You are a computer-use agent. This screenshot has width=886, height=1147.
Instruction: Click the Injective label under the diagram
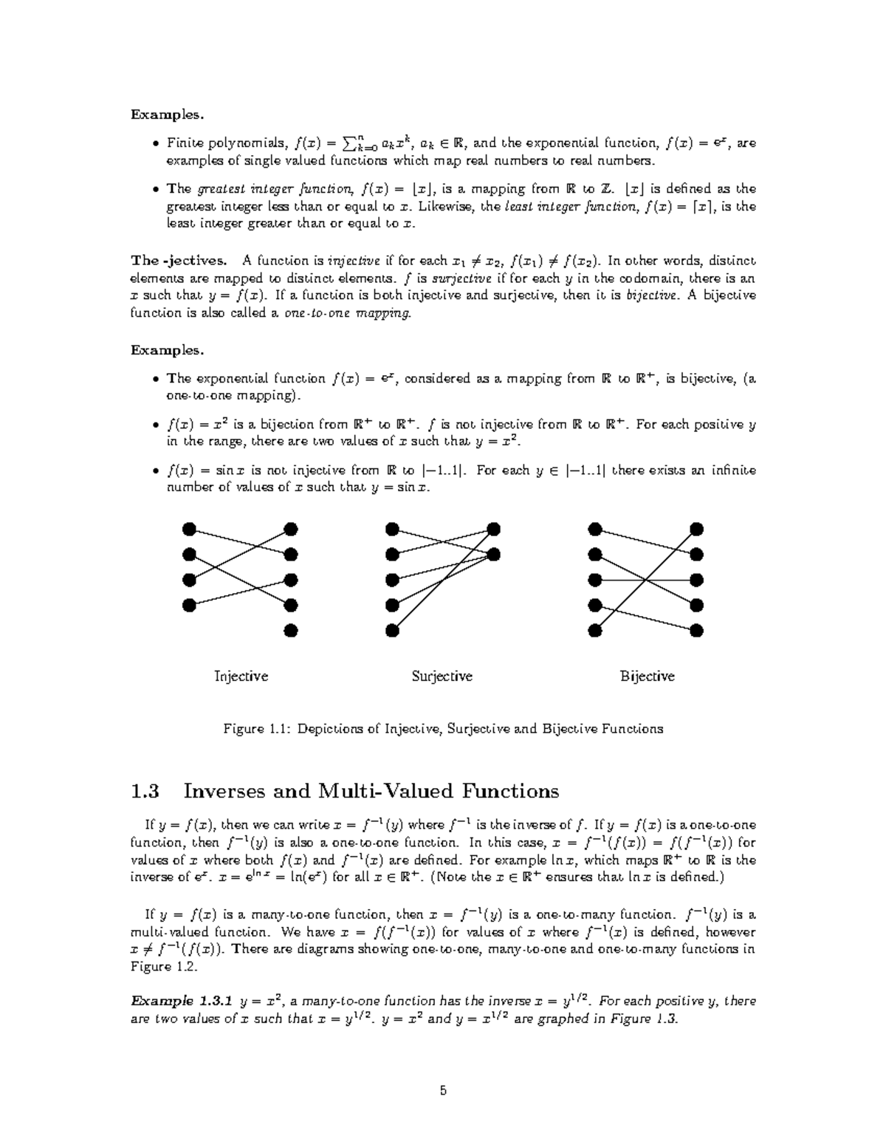pyautogui.click(x=241, y=676)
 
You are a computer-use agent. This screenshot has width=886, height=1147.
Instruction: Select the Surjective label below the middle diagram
pyautogui.click(x=442, y=676)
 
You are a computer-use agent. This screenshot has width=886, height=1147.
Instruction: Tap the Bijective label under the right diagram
pyautogui.click(x=647, y=676)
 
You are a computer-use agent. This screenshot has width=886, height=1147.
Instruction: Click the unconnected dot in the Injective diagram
pyautogui.click(x=291, y=631)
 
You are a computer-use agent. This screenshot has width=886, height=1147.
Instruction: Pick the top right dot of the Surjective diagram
pyautogui.click(x=493, y=529)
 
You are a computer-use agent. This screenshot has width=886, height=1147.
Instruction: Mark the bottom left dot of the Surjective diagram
pyautogui.click(x=392, y=631)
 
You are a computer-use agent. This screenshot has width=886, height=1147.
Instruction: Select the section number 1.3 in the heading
pyautogui.click(x=145, y=791)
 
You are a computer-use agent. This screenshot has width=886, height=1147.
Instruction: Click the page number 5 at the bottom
pyautogui.click(x=443, y=1091)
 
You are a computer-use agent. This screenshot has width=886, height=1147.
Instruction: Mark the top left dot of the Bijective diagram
pyautogui.click(x=594, y=529)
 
